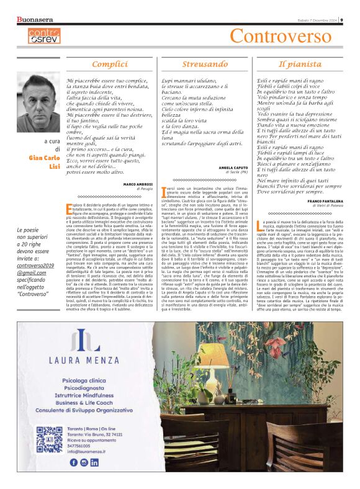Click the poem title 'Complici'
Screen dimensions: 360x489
(110, 64)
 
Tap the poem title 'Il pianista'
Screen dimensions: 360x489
(299, 64)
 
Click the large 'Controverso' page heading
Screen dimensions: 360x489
(290, 37)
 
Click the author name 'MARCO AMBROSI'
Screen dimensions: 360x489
(138, 202)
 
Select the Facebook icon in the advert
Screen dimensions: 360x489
(74, 462)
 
